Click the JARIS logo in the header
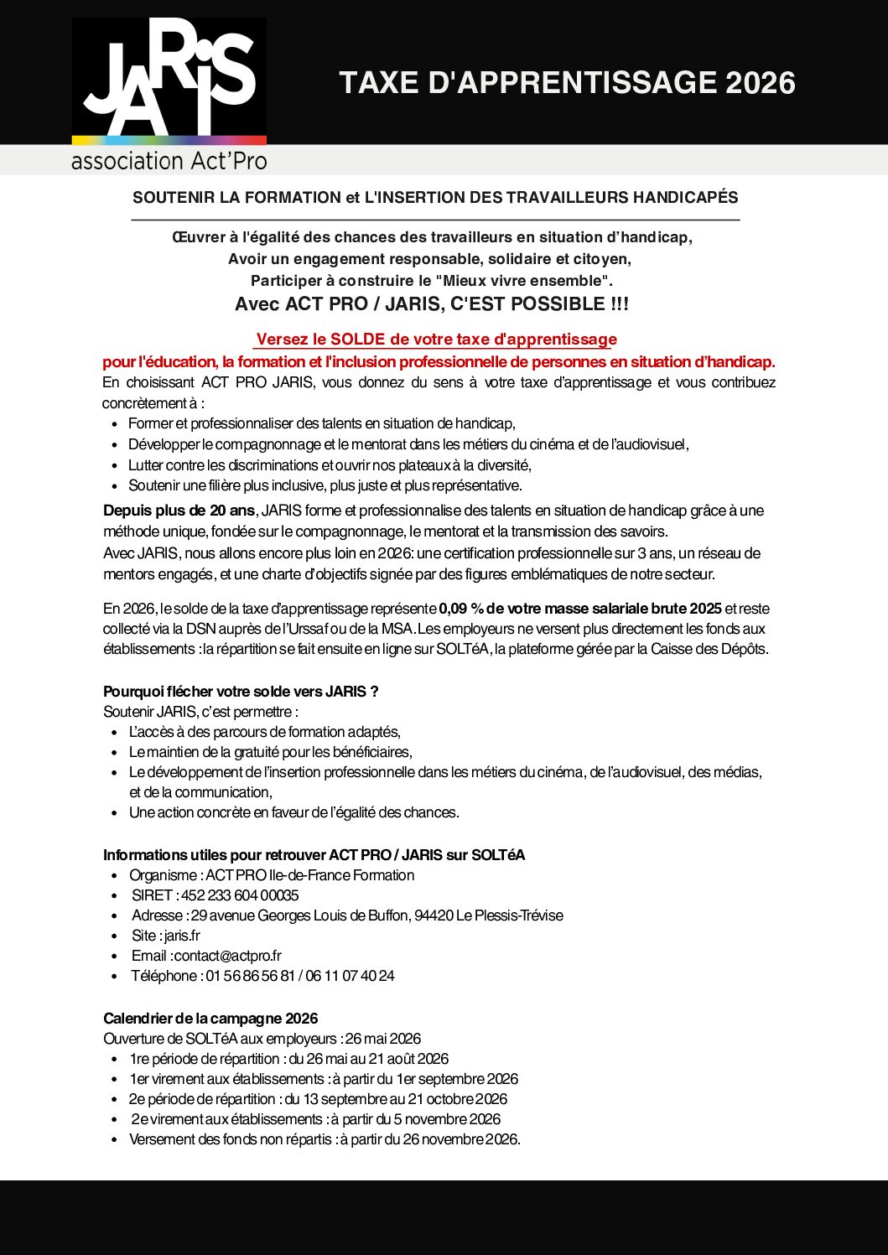click(x=169, y=81)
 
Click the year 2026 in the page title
click(x=760, y=83)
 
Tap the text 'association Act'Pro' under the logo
click(x=169, y=160)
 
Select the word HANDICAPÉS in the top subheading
click(x=685, y=198)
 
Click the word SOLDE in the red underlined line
click(x=357, y=340)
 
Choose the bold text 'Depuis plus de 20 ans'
click(x=179, y=511)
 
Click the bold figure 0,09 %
click(x=460, y=609)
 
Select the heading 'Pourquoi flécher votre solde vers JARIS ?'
click(x=241, y=692)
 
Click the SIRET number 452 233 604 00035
click(x=240, y=895)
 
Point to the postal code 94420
click(x=434, y=915)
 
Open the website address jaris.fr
click(x=182, y=936)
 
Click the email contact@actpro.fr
click(x=228, y=956)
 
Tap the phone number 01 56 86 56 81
click(x=251, y=976)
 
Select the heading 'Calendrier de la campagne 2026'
click(x=210, y=1019)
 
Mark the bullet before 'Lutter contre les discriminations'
click(x=115, y=466)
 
